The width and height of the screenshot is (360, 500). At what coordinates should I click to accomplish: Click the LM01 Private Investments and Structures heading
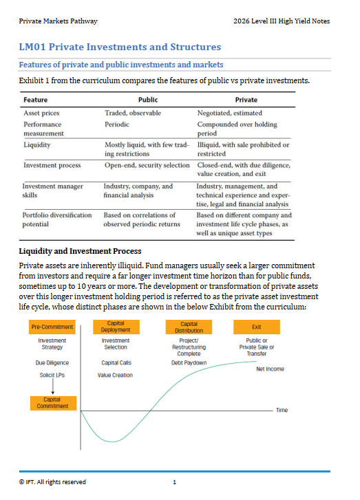pyautogui.click(x=120, y=47)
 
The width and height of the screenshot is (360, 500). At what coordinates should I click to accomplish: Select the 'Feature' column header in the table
pyautogui.click(x=36, y=100)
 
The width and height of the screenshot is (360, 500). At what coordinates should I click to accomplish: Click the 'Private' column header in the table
pyautogui.click(x=246, y=100)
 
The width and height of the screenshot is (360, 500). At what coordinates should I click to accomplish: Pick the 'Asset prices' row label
pyautogui.click(x=41, y=112)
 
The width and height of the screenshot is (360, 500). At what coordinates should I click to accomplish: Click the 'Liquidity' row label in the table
pyautogui.click(x=38, y=145)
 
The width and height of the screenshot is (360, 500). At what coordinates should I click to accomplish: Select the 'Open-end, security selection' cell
pyautogui.click(x=147, y=166)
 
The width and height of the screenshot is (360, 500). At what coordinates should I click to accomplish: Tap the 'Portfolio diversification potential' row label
pyautogui.click(x=57, y=220)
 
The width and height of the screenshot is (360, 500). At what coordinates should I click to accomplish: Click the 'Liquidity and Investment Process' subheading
pyautogui.click(x=80, y=251)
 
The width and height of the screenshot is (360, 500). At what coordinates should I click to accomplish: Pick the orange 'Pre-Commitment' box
pyautogui.click(x=52, y=327)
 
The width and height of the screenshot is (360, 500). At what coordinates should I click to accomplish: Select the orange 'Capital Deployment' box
pyautogui.click(x=116, y=327)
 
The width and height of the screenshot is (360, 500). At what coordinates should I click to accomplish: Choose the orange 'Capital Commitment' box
pyautogui.click(x=52, y=402)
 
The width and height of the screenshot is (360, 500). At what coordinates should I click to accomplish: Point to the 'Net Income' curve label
pyautogui.click(x=271, y=369)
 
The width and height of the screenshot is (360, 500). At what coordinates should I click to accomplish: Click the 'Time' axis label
pyautogui.click(x=282, y=411)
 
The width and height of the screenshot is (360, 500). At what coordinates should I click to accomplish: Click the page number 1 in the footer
pyautogui.click(x=175, y=482)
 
